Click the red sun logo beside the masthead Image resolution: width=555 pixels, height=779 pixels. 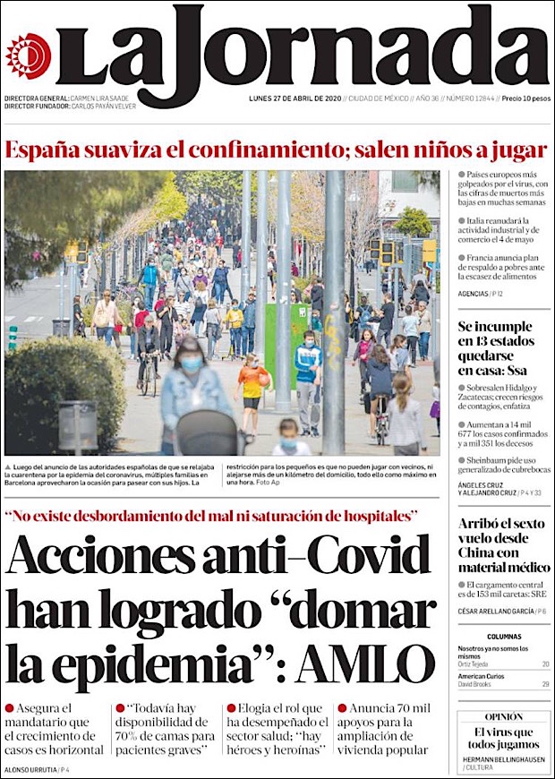(x=28, y=56)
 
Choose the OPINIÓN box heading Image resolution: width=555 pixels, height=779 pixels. (x=504, y=717)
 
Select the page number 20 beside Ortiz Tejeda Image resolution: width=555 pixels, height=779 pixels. (x=545, y=664)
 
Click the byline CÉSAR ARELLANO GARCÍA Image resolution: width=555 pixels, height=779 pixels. (x=496, y=611)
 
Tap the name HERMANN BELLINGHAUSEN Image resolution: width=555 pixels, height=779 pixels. (x=504, y=759)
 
